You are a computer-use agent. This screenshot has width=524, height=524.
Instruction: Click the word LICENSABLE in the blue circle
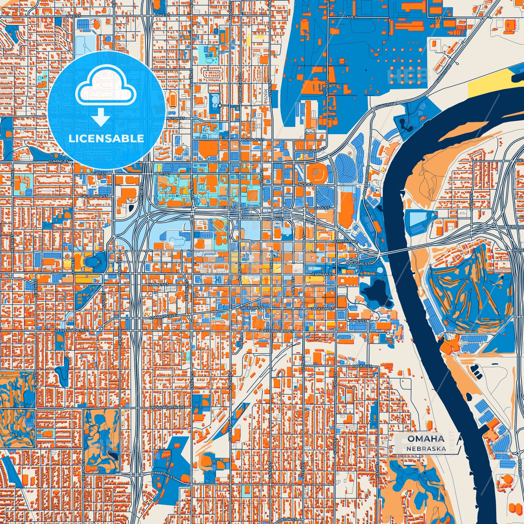tap(106, 139)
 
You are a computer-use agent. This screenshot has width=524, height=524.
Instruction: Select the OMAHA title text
tap(426, 439)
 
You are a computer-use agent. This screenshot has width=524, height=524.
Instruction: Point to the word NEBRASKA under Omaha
tap(426, 449)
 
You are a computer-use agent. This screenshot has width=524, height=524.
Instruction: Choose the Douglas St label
tap(358, 264)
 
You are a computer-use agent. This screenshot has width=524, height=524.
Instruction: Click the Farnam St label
tap(323, 275)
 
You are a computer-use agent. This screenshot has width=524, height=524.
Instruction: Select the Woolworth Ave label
tap(168, 408)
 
